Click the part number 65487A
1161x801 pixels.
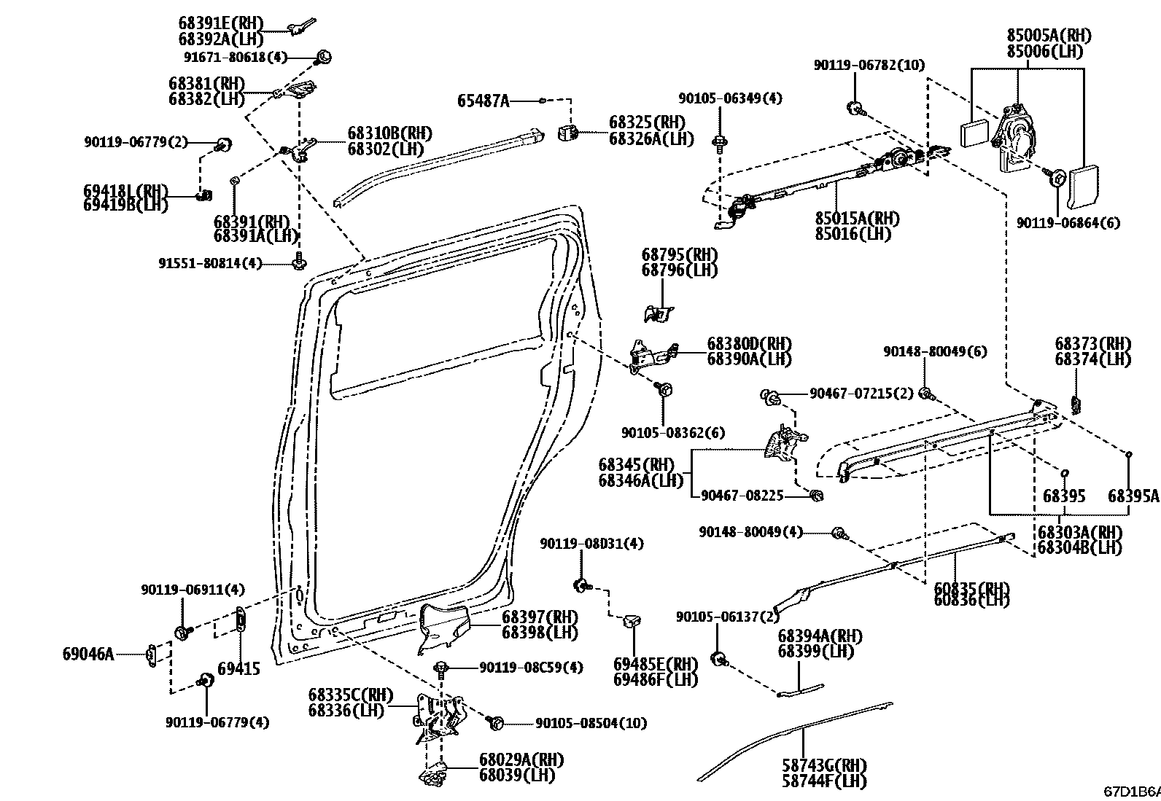click(483, 101)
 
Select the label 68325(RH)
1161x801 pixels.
click(647, 122)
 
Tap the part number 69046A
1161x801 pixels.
click(88, 654)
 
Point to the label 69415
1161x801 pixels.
click(238, 669)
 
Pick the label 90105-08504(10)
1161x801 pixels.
click(591, 723)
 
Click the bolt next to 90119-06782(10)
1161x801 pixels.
click(854, 109)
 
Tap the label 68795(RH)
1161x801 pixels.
click(679, 255)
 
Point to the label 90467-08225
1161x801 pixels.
click(742, 496)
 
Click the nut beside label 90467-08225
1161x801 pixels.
click(817, 496)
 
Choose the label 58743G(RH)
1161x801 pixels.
click(823, 766)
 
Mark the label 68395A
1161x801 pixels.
click(1133, 496)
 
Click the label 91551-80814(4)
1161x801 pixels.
click(210, 263)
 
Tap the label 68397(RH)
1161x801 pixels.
click(539, 617)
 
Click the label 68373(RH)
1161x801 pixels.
click(1092, 343)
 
